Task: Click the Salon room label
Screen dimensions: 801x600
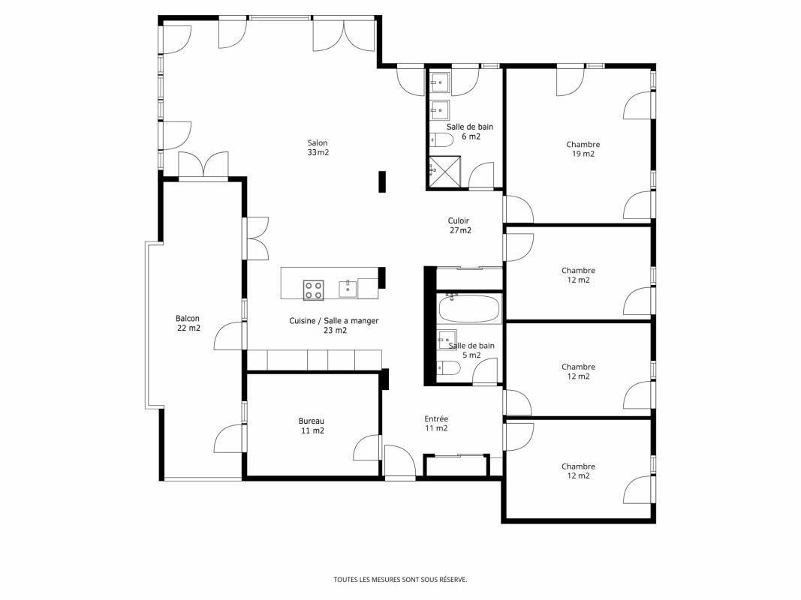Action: click(x=318, y=148)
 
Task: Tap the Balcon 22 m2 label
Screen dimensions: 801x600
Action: click(x=188, y=323)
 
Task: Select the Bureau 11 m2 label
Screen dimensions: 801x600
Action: click(x=312, y=426)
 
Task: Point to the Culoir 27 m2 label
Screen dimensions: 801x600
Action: click(x=459, y=226)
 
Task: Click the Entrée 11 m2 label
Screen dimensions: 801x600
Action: click(x=436, y=424)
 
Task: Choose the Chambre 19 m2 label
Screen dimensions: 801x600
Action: click(x=583, y=149)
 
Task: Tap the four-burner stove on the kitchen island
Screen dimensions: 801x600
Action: click(x=313, y=289)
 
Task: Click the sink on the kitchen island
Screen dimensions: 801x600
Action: click(x=348, y=289)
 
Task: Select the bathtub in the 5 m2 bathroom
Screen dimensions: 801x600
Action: click(x=469, y=309)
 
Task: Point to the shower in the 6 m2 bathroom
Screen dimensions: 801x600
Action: click(x=444, y=172)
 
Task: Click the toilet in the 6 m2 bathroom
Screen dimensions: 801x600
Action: click(x=441, y=139)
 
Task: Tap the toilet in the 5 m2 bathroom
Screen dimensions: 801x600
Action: click(x=448, y=367)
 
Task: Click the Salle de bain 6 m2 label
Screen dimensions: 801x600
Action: click(x=470, y=132)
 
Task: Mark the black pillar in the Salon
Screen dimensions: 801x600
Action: click(x=382, y=182)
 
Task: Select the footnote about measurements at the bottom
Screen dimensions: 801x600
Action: click(x=401, y=580)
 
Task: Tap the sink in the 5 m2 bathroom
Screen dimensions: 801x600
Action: click(x=447, y=340)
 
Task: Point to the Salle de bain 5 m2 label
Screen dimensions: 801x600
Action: click(x=471, y=350)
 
